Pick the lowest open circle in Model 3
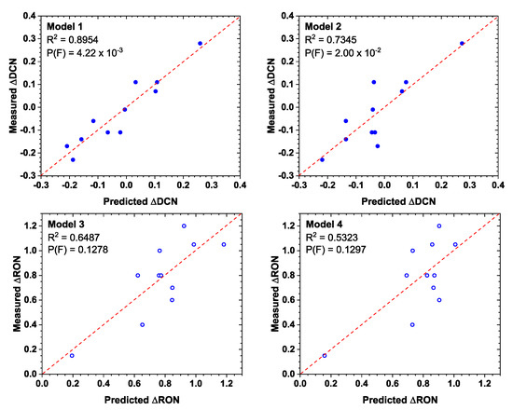click(x=72, y=355)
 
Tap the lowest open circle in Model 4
click(x=325, y=355)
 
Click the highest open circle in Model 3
click(x=184, y=225)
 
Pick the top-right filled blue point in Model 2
click(x=462, y=43)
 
